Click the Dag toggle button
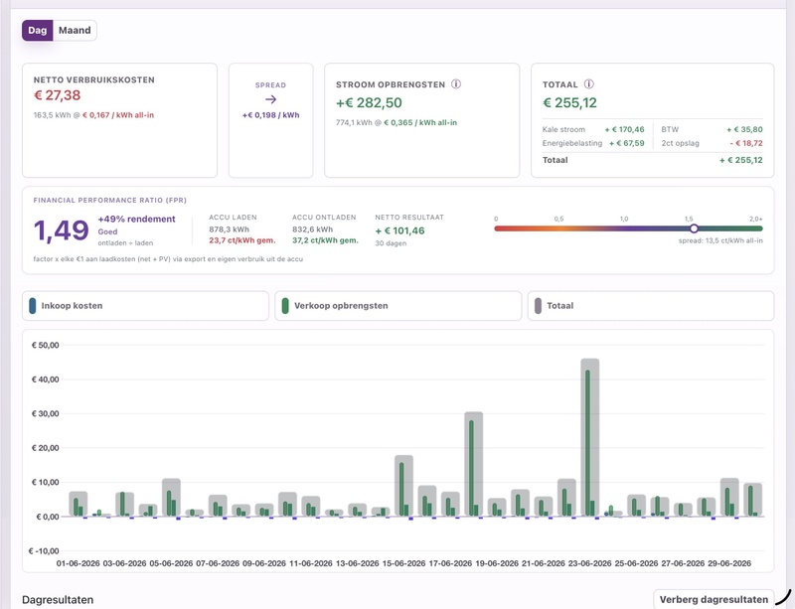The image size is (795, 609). click(x=37, y=31)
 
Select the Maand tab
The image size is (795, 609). click(x=75, y=31)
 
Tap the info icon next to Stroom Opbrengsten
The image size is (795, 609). click(x=456, y=84)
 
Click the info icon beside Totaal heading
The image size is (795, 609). click(x=588, y=84)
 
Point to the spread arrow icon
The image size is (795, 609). click(x=270, y=99)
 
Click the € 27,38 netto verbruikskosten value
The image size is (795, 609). click(x=58, y=95)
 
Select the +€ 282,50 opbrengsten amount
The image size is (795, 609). click(x=369, y=103)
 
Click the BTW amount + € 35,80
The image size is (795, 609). click(x=744, y=129)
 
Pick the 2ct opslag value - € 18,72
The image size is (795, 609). click(x=746, y=143)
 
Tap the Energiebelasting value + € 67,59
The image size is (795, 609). click(x=627, y=143)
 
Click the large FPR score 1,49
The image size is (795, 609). click(x=62, y=230)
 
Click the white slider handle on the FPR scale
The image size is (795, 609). click(x=694, y=228)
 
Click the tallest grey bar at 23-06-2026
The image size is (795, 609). click(x=589, y=437)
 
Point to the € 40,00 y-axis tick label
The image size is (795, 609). click(x=45, y=380)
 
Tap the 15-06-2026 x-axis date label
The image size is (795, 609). click(x=403, y=563)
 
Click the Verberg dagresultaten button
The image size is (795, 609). click(x=714, y=599)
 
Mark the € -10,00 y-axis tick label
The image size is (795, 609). click(x=44, y=551)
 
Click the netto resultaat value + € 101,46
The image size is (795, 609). click(x=400, y=230)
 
